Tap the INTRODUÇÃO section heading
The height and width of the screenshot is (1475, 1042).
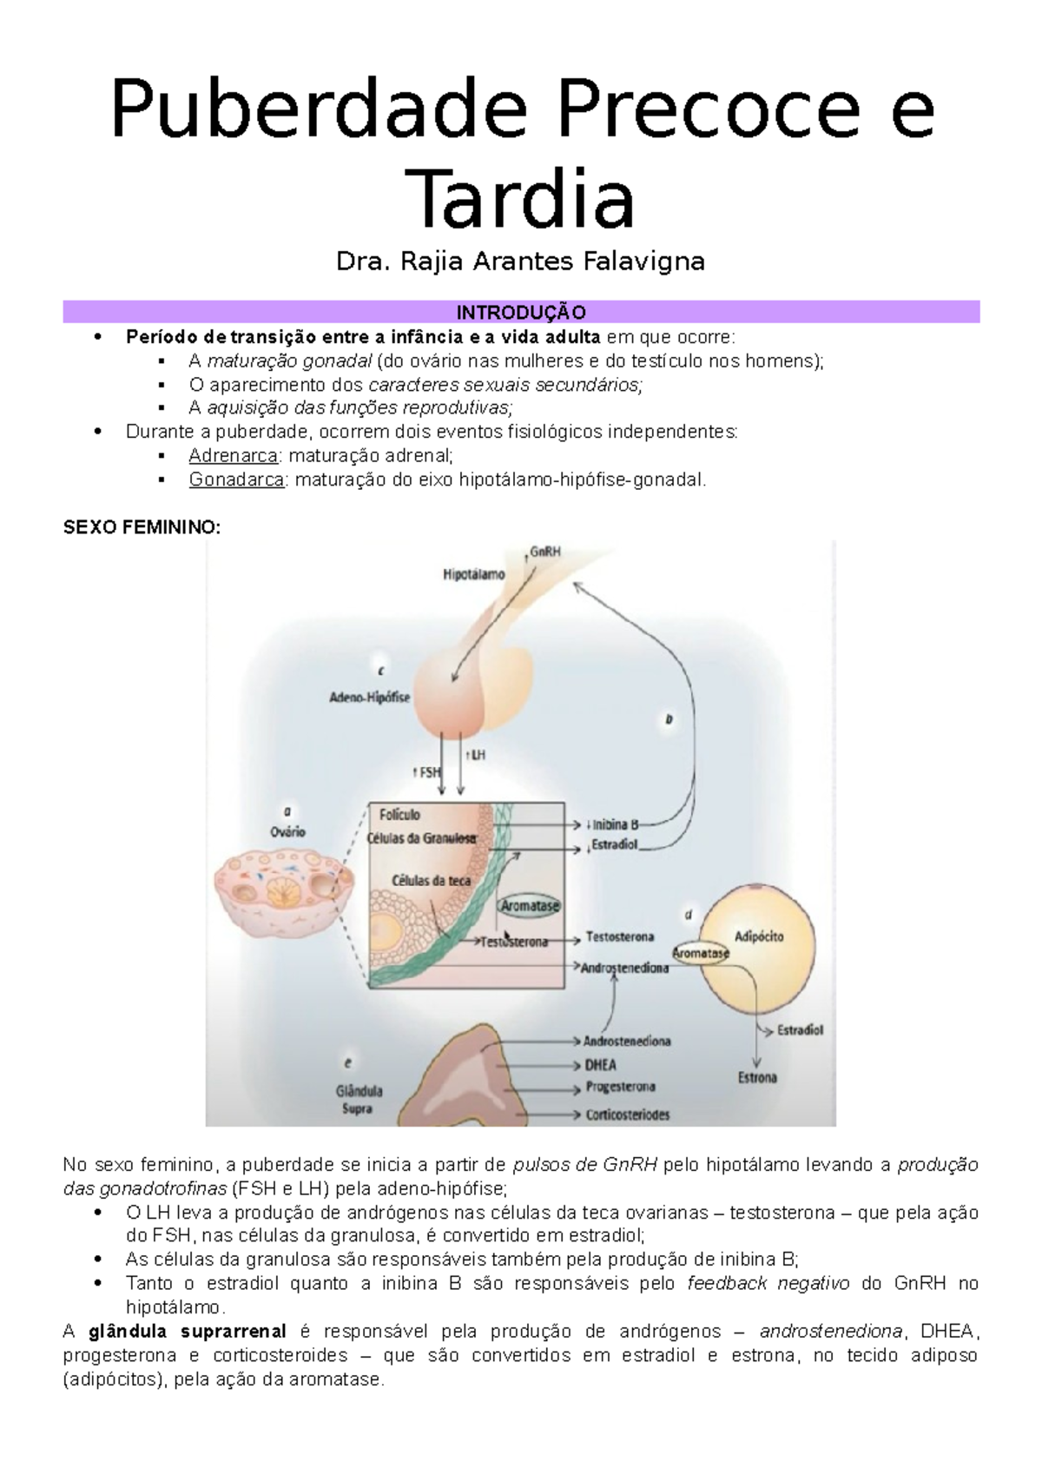(521, 312)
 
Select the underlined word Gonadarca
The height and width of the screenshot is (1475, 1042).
(236, 480)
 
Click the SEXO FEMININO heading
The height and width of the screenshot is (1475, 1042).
(142, 527)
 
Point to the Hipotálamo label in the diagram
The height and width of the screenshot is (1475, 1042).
(473, 574)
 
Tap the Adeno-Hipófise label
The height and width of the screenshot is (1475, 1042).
(369, 697)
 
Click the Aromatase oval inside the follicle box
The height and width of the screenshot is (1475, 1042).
(530, 905)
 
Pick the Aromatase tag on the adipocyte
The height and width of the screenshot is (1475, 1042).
(700, 953)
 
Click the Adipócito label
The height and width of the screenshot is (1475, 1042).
(759, 936)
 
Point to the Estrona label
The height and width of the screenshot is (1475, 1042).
(757, 1078)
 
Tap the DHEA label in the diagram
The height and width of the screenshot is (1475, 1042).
(600, 1065)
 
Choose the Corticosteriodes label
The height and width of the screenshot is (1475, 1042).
(627, 1115)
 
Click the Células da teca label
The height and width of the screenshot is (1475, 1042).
(431, 880)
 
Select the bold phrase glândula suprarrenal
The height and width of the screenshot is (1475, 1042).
(188, 1331)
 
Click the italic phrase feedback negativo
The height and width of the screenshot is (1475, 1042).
(768, 1283)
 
